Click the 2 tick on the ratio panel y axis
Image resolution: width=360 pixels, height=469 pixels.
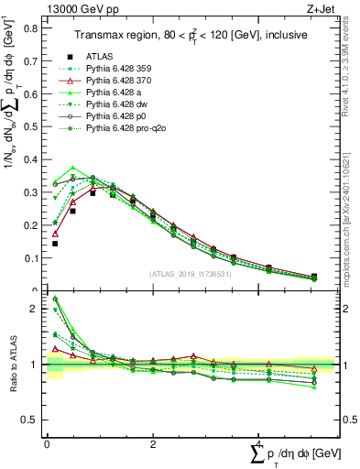pos(35,309)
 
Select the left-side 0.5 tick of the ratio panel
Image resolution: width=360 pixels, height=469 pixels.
pos(30,420)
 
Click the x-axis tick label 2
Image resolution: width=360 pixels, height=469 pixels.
pos(153,443)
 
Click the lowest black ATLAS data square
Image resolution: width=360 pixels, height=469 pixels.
pos(55,244)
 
